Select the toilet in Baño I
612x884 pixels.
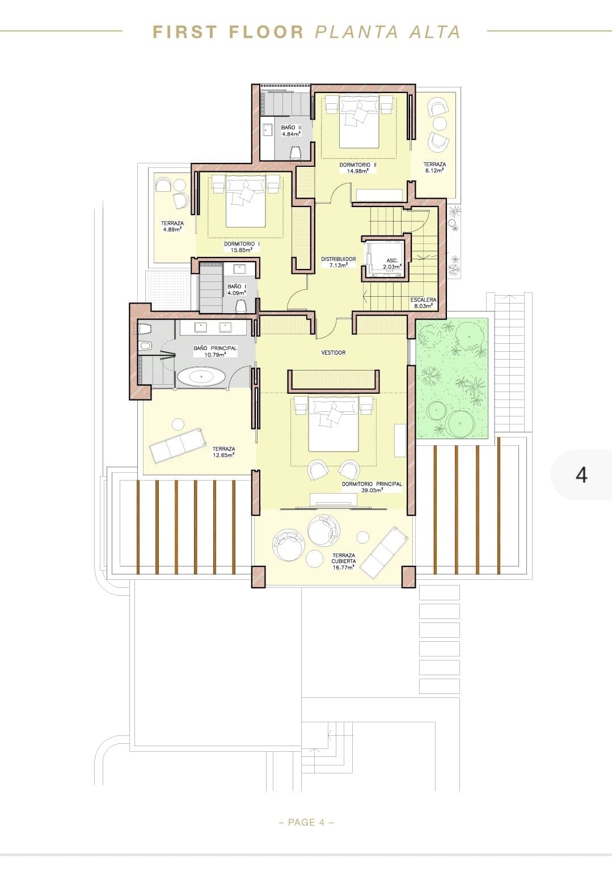pyautogui.click(x=240, y=306)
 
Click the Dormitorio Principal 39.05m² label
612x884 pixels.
pyautogui.click(x=372, y=487)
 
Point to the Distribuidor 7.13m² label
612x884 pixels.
pyautogui.click(x=338, y=263)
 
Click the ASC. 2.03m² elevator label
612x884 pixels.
pyautogui.click(x=392, y=264)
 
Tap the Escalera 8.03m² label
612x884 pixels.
pyautogui.click(x=423, y=302)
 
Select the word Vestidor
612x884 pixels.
pyautogui.click(x=334, y=353)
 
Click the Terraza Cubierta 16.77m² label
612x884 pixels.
pyautogui.click(x=343, y=561)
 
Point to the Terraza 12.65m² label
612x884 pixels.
pyautogui.click(x=223, y=452)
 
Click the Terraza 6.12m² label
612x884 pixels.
pyautogui.click(x=434, y=167)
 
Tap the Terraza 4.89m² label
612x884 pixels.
pyautogui.click(x=172, y=226)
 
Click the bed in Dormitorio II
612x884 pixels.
pyautogui.click(x=358, y=121)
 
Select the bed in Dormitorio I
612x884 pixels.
pyautogui.click(x=245, y=201)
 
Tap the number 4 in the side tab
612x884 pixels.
pyautogui.click(x=581, y=475)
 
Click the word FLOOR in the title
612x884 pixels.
pyautogui.click(x=267, y=32)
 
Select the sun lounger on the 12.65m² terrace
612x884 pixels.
pyautogui.click(x=178, y=445)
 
